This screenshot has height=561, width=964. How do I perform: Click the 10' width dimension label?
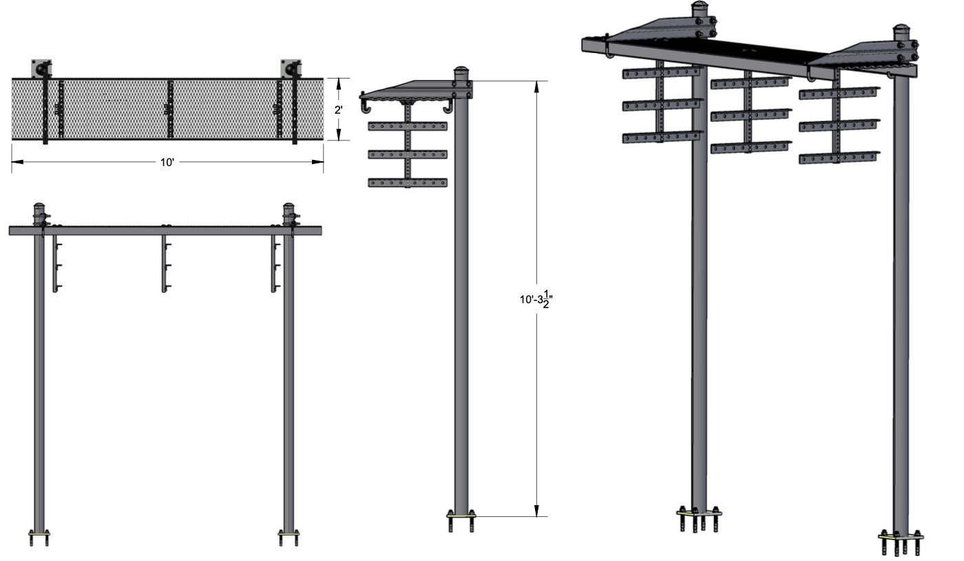tap(167, 163)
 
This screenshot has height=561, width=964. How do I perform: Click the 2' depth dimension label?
tap(338, 110)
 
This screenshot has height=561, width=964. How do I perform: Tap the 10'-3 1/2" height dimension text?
tap(536, 299)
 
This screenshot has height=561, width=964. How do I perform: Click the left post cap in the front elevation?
tap(39, 206)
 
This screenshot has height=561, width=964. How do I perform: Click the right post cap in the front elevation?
tap(289, 206)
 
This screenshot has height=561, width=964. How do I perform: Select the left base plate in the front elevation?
tap(39, 534)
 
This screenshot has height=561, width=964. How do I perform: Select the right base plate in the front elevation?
tap(289, 534)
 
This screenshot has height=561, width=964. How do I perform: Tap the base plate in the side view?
tap(461, 515)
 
